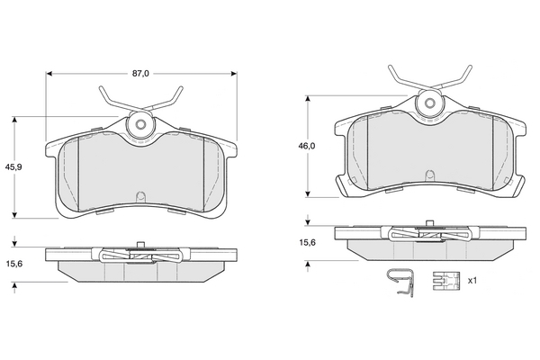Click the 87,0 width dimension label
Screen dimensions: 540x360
(141, 74)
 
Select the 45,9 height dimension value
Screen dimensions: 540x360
(13, 167)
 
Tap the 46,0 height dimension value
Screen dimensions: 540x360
(307, 146)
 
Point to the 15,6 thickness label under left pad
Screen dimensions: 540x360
(14, 264)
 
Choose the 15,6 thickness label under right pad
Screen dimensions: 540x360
(307, 242)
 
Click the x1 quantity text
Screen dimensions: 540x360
(472, 281)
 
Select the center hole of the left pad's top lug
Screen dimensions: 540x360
(140, 124)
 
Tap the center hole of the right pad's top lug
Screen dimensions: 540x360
(429, 103)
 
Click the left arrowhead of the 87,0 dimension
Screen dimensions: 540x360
(49, 74)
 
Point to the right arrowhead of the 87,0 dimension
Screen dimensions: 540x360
(234, 74)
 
